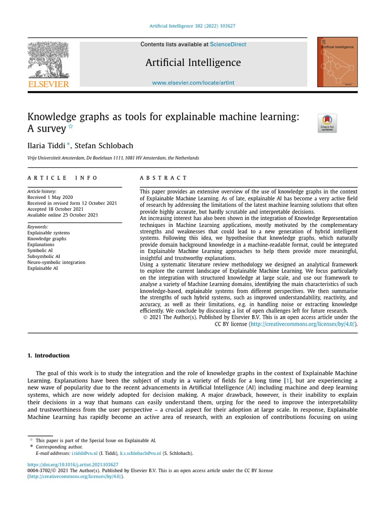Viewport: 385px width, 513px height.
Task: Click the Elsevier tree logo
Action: pos(48,60)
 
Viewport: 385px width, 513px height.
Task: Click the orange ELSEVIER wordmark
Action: pos(48,84)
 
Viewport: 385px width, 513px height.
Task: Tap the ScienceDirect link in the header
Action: pos(228,45)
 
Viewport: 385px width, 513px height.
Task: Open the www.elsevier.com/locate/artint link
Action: pos(193,83)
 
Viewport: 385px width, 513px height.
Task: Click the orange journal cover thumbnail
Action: pos(337,62)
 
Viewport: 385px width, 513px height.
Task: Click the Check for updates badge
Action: pos(327,123)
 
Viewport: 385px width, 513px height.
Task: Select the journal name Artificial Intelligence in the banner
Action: pos(193,63)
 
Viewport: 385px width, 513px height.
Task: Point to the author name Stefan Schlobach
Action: pos(104,146)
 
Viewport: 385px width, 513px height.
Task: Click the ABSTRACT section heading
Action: pos(163,178)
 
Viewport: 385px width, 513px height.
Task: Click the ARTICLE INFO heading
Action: pos(63,178)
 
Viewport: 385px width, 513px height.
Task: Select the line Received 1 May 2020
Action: pos(50,197)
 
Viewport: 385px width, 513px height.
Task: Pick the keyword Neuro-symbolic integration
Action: pos(56,262)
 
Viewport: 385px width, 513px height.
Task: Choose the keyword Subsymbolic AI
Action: pos(43,256)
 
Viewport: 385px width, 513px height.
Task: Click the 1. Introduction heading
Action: pos(49,355)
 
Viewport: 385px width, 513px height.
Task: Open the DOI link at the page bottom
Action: pos(73,464)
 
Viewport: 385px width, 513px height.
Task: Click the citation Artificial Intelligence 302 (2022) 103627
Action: pos(193,26)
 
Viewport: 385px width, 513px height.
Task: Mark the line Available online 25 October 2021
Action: pos(63,215)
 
